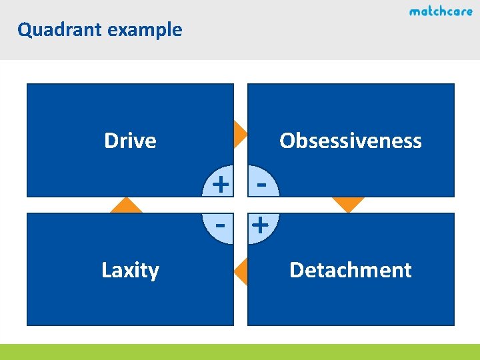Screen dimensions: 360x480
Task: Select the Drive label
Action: tap(130, 141)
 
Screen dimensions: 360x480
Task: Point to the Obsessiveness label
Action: tap(351, 141)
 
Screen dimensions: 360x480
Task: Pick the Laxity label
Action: tap(130, 270)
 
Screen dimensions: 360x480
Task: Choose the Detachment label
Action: tap(351, 270)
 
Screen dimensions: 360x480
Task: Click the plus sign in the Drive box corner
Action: tap(220, 181)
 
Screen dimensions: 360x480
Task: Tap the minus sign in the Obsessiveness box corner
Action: tap(261, 181)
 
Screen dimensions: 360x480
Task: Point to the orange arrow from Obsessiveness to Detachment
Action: tap(348, 204)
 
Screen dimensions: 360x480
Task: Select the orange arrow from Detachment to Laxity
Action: tap(241, 270)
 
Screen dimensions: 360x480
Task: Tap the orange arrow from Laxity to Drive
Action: tap(127, 205)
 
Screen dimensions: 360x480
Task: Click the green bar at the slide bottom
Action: tap(240, 351)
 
